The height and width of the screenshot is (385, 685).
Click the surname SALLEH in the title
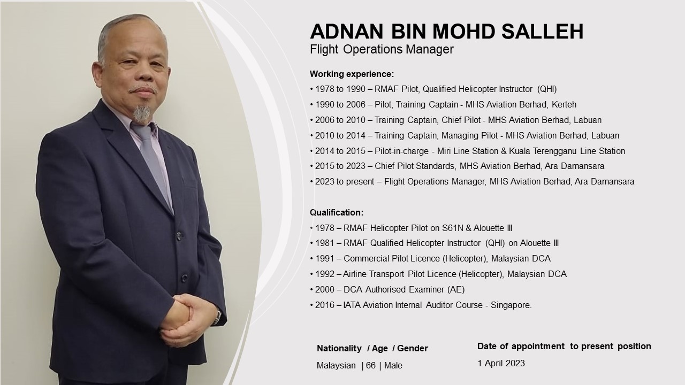pos(543,31)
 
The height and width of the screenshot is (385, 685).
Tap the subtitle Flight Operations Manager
pos(382,50)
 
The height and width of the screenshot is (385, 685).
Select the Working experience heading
pos(352,74)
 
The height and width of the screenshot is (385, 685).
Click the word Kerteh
pos(564,104)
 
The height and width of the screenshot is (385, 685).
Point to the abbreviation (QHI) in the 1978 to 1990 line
pos(547,89)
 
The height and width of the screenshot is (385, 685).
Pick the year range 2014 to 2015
pos(340,151)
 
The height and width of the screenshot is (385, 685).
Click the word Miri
pos(444,151)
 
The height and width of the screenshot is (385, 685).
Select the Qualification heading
pos(337,212)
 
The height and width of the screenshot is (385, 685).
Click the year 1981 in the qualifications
pos(325,243)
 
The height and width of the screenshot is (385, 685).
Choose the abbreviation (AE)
pos(456,289)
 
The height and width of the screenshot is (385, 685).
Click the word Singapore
pos(511,305)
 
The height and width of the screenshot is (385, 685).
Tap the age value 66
pos(371,365)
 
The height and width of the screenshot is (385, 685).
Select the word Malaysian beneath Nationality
pos(336,365)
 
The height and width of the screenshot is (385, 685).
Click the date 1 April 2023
pos(501,363)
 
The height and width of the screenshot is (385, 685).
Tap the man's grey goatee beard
pos(142,113)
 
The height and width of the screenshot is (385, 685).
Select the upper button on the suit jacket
pos(179,236)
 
